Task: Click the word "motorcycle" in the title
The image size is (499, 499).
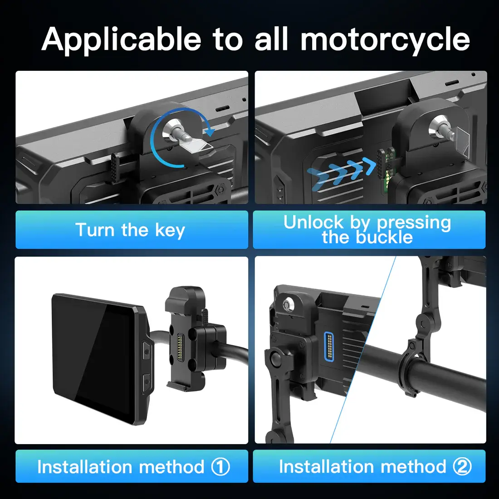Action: pos(385,39)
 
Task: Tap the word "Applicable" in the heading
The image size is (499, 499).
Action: pos(121,39)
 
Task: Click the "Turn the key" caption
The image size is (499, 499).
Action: pos(130,230)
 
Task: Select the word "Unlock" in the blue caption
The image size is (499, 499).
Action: pos(313,222)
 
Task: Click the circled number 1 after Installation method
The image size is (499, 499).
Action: pos(220,467)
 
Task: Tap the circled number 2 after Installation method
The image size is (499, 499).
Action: pos(462,466)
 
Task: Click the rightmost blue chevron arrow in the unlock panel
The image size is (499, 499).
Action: pos(371,166)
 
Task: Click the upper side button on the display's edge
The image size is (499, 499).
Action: pos(147,350)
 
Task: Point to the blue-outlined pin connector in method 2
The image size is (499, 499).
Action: pos(329,347)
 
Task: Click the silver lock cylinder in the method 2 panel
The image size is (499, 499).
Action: pos(289,304)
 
